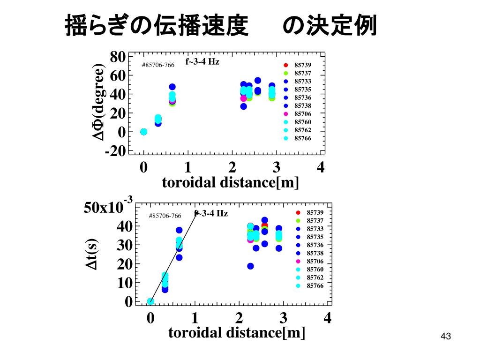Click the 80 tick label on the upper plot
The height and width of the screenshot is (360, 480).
tap(117, 57)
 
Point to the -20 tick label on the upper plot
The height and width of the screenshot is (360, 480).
tap(115, 151)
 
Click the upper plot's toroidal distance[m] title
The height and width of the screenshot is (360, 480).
tap(230, 182)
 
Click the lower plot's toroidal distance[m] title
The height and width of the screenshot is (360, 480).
tap(237, 333)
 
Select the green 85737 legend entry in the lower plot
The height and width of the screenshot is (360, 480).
tap(309, 220)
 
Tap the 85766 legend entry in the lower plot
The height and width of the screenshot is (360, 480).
tap(309, 285)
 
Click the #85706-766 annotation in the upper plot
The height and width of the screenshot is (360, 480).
tap(158, 65)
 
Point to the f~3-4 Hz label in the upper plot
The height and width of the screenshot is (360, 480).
tap(202, 61)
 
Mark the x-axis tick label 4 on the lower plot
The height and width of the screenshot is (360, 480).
tap(327, 319)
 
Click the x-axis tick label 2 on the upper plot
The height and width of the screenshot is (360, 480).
tap(232, 167)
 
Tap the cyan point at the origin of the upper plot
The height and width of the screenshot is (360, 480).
tap(144, 132)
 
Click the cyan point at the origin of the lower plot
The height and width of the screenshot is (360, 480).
tap(150, 301)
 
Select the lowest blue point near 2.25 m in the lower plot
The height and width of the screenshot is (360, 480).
tap(250, 266)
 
